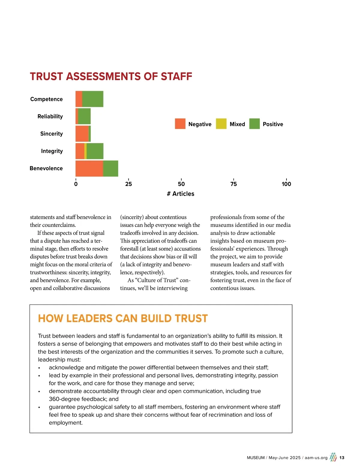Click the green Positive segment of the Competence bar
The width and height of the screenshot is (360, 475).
click(x=93, y=99)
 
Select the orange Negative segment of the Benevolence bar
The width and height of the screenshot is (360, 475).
click(x=89, y=168)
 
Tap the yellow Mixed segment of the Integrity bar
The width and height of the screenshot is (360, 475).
click(x=85, y=151)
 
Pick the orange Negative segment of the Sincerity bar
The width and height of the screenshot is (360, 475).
click(x=82, y=134)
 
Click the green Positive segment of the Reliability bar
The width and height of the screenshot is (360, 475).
click(x=84, y=116)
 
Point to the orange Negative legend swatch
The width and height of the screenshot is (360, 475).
click(x=180, y=124)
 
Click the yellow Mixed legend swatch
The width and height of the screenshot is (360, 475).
click(x=221, y=124)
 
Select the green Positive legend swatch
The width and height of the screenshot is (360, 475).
click(x=254, y=124)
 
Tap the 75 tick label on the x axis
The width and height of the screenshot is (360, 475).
click(x=234, y=184)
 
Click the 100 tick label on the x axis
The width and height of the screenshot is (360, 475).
click(x=286, y=184)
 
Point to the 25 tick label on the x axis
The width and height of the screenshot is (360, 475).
click(x=128, y=184)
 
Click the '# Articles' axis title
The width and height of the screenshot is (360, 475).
click(x=181, y=194)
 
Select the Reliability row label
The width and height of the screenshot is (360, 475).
click(x=50, y=116)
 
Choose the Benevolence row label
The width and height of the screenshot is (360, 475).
click(x=46, y=168)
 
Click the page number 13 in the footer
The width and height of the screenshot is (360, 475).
click(x=342, y=458)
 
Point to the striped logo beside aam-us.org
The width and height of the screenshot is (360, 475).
click(x=333, y=457)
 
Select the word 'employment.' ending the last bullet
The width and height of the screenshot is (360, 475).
click(x=66, y=423)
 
